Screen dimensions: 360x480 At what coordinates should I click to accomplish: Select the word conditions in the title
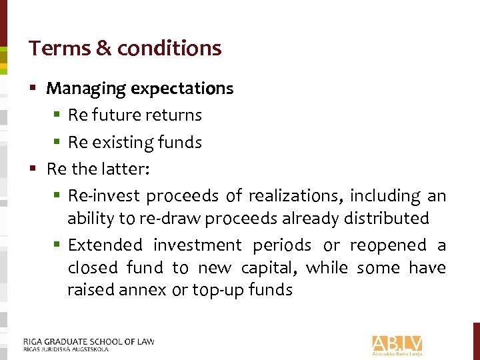169,48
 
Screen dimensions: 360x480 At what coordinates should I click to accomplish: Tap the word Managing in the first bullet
86,89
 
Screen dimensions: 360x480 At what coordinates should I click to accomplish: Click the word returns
175,115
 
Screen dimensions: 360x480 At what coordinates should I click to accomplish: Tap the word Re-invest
104,196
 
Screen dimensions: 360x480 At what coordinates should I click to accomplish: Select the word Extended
105,245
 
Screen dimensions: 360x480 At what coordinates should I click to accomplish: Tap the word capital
269,268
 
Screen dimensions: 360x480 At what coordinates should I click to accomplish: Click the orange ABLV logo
397,344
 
